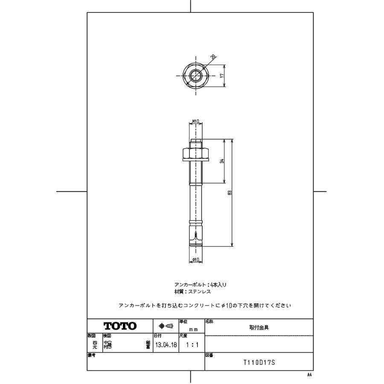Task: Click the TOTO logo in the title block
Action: click(x=120, y=326)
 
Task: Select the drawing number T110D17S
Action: click(x=259, y=363)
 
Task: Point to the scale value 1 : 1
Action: click(x=191, y=345)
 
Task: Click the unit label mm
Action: click(x=193, y=329)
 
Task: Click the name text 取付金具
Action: click(x=259, y=328)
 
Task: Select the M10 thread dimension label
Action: click(x=196, y=122)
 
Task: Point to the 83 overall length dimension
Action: click(x=230, y=193)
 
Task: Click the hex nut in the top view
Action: click(x=195, y=76)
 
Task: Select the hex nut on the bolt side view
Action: click(x=196, y=152)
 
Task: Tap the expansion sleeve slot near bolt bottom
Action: click(x=195, y=236)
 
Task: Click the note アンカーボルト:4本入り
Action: click(x=197, y=284)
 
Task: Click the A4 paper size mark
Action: click(x=309, y=375)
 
